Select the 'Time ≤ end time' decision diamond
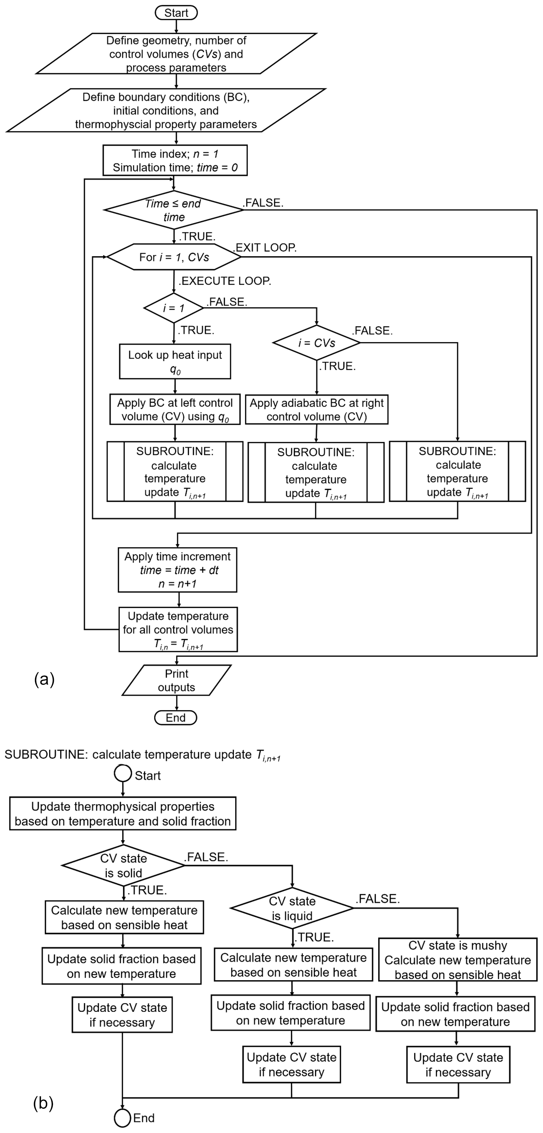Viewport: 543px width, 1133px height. click(x=174, y=210)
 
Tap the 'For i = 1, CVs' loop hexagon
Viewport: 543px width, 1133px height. click(x=174, y=257)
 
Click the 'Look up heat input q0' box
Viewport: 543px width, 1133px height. click(x=175, y=361)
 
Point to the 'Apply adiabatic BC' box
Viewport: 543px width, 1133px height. click(x=316, y=409)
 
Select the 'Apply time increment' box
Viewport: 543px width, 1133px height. click(x=177, y=570)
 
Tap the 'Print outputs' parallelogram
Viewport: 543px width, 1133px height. click(x=177, y=680)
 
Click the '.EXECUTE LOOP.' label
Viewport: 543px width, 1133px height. click(x=225, y=281)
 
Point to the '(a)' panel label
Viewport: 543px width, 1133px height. click(x=44, y=679)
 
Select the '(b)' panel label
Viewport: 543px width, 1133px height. click(x=43, y=1103)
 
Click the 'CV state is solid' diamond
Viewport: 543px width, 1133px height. click(x=124, y=865)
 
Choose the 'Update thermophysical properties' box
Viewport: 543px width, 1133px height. click(x=123, y=813)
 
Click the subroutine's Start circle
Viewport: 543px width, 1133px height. click(x=123, y=773)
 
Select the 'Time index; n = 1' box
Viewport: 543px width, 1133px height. click(x=175, y=160)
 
